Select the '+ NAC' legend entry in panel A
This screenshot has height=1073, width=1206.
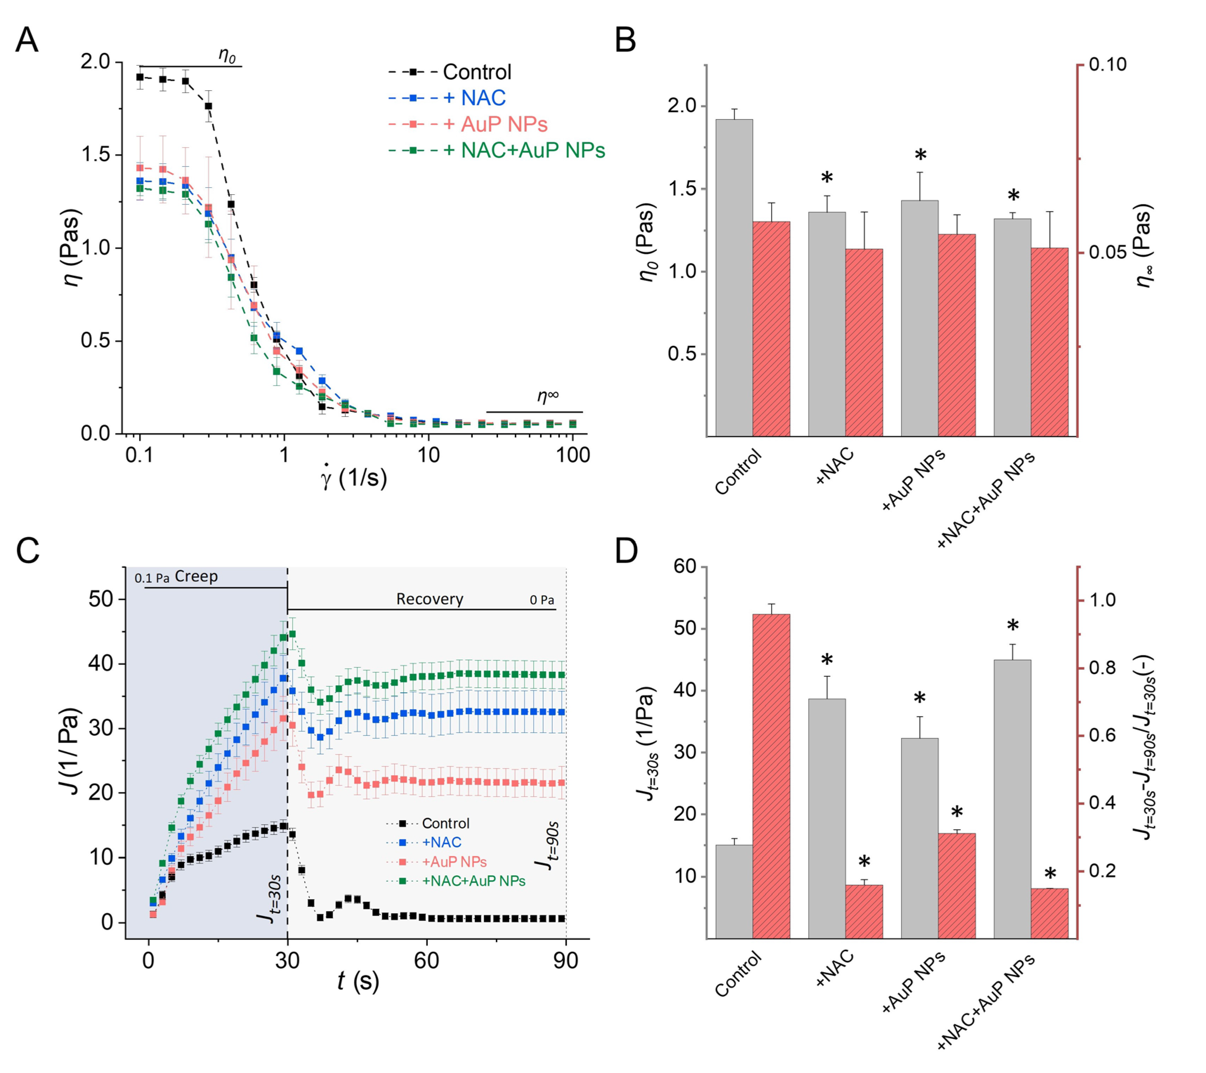click(x=447, y=98)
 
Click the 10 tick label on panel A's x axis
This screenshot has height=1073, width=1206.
click(x=428, y=455)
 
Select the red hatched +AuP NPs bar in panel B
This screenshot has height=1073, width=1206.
click(x=956, y=335)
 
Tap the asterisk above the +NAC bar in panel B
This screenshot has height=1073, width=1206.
click(x=827, y=178)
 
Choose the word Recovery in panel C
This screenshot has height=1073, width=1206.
click(x=430, y=599)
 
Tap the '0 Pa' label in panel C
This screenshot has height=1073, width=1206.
click(x=542, y=600)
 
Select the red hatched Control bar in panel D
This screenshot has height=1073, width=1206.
click(x=771, y=776)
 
